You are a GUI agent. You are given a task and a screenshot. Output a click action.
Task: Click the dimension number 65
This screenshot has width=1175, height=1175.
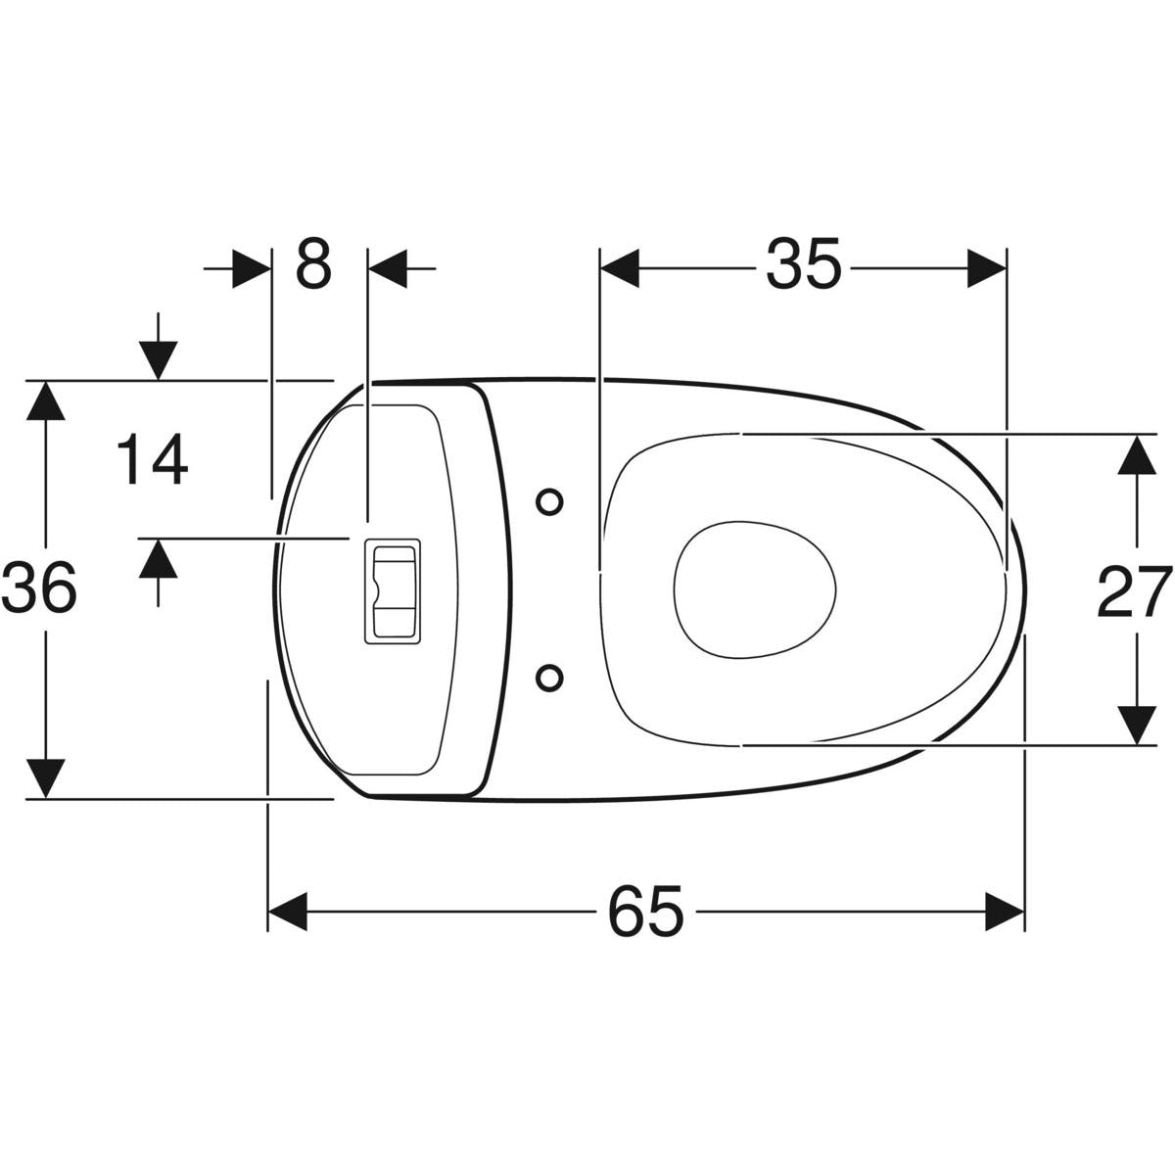point(645,913)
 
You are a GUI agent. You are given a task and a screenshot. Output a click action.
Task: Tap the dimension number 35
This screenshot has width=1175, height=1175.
point(803,265)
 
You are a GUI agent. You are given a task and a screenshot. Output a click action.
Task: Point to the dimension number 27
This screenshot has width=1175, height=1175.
point(1134,591)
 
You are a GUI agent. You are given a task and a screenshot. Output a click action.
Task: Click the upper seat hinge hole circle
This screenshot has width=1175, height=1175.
point(550,501)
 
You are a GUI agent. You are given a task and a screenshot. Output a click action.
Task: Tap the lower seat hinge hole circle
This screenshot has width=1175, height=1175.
point(550,676)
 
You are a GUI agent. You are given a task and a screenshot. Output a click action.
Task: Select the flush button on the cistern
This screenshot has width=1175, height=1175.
point(392,591)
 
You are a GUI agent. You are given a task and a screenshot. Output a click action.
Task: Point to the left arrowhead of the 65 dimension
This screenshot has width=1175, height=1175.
point(288,912)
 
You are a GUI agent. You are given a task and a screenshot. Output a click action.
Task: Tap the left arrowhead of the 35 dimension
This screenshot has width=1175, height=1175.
point(619,267)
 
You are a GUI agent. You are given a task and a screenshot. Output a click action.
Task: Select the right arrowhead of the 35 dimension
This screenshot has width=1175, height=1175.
point(987,267)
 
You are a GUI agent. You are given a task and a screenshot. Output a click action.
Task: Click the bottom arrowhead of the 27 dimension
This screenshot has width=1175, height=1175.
point(1135,726)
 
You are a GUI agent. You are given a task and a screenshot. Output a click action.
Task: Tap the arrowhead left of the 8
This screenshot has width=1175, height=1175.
point(251,267)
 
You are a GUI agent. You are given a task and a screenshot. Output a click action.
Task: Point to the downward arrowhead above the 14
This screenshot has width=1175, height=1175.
point(157,360)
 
